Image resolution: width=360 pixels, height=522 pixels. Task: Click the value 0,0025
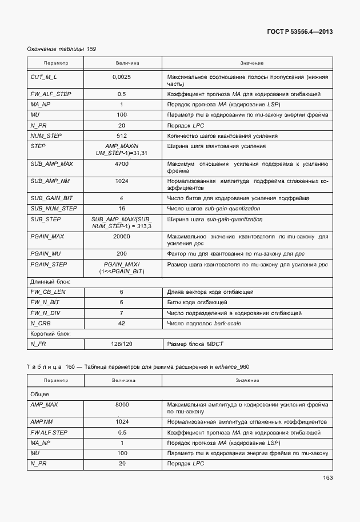click(122, 76)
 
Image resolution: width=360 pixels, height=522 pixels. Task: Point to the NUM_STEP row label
click(46, 136)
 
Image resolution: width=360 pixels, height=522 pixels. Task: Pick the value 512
click(121, 136)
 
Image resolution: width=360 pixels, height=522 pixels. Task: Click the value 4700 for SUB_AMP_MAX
click(121, 164)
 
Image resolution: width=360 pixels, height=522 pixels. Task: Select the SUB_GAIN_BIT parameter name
click(49, 198)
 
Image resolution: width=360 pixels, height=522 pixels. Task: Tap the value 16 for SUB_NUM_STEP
click(121, 209)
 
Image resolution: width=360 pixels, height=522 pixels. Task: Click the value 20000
click(121, 236)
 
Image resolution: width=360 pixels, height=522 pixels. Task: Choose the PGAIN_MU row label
click(46, 253)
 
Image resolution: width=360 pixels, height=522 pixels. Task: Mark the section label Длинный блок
click(48, 281)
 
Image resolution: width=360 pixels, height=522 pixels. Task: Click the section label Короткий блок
click(49, 333)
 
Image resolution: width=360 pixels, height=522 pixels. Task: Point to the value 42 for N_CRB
click(121, 323)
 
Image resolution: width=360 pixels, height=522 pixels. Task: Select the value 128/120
click(121, 344)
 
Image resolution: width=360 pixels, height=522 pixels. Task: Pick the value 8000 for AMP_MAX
click(121, 405)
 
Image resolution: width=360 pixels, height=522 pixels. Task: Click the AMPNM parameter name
click(41, 422)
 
